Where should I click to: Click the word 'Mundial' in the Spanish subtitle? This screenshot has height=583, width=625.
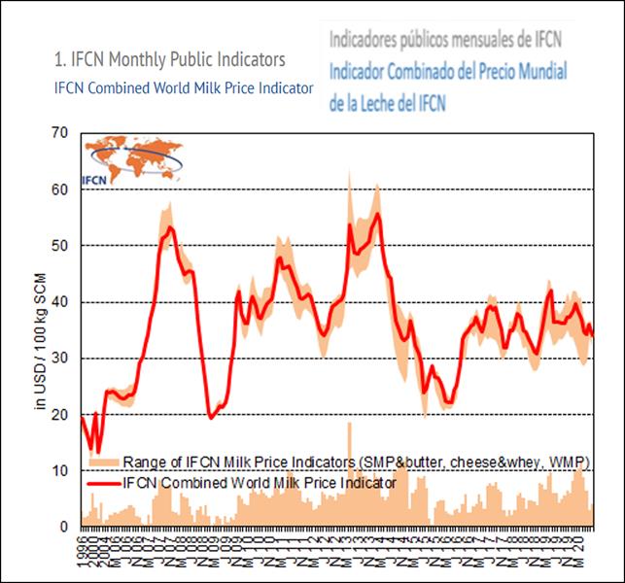point(535,72)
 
